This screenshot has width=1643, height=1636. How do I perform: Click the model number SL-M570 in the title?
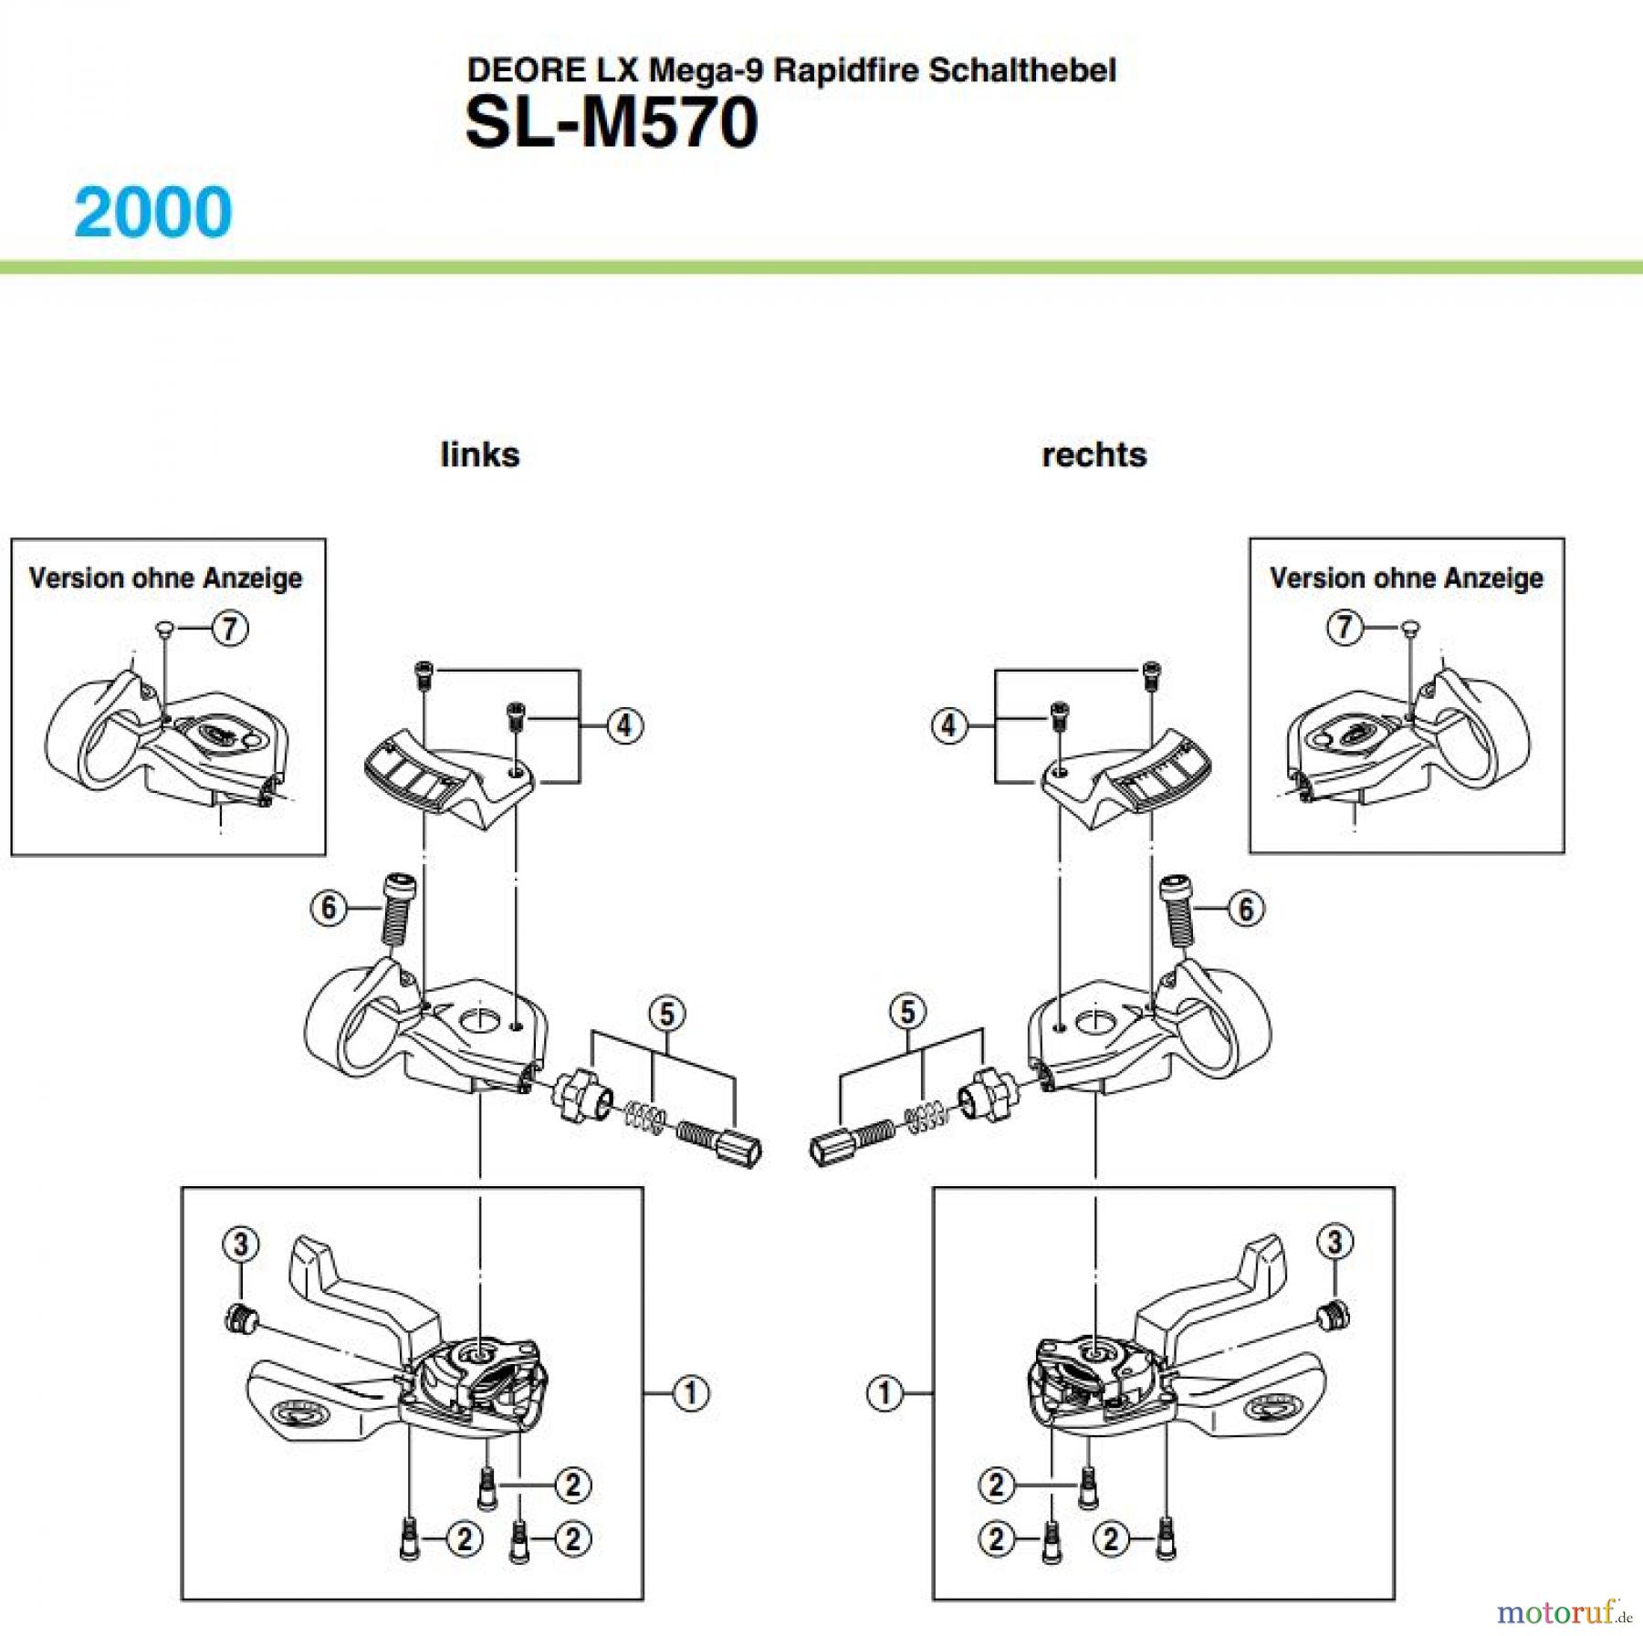pyautogui.click(x=611, y=123)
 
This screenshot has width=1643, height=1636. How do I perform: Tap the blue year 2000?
pyautogui.click(x=153, y=213)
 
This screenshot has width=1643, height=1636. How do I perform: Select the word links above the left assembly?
pyautogui.click(x=479, y=454)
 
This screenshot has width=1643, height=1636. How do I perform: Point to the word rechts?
pyautogui.click(x=1094, y=454)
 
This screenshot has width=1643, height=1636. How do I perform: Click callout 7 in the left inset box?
pyautogui.click(x=229, y=628)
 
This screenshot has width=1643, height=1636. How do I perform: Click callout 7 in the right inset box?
pyautogui.click(x=1344, y=627)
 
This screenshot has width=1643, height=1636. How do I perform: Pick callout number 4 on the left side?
pyautogui.click(x=624, y=725)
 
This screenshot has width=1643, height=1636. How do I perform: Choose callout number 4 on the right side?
pyautogui.click(x=949, y=725)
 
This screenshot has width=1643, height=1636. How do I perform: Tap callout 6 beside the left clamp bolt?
pyautogui.click(x=329, y=908)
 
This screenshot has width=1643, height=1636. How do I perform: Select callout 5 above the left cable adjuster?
pyautogui.click(x=667, y=1014)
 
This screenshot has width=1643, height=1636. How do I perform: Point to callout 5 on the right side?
pyautogui.click(x=907, y=1011)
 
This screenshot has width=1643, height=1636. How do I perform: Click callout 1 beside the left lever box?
pyautogui.click(x=690, y=1393)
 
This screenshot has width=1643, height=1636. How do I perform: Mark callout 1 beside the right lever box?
pyautogui.click(x=884, y=1393)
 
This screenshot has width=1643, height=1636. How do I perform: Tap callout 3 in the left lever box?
pyautogui.click(x=241, y=1245)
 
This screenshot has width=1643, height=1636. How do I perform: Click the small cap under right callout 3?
pyautogui.click(x=1334, y=1315)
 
